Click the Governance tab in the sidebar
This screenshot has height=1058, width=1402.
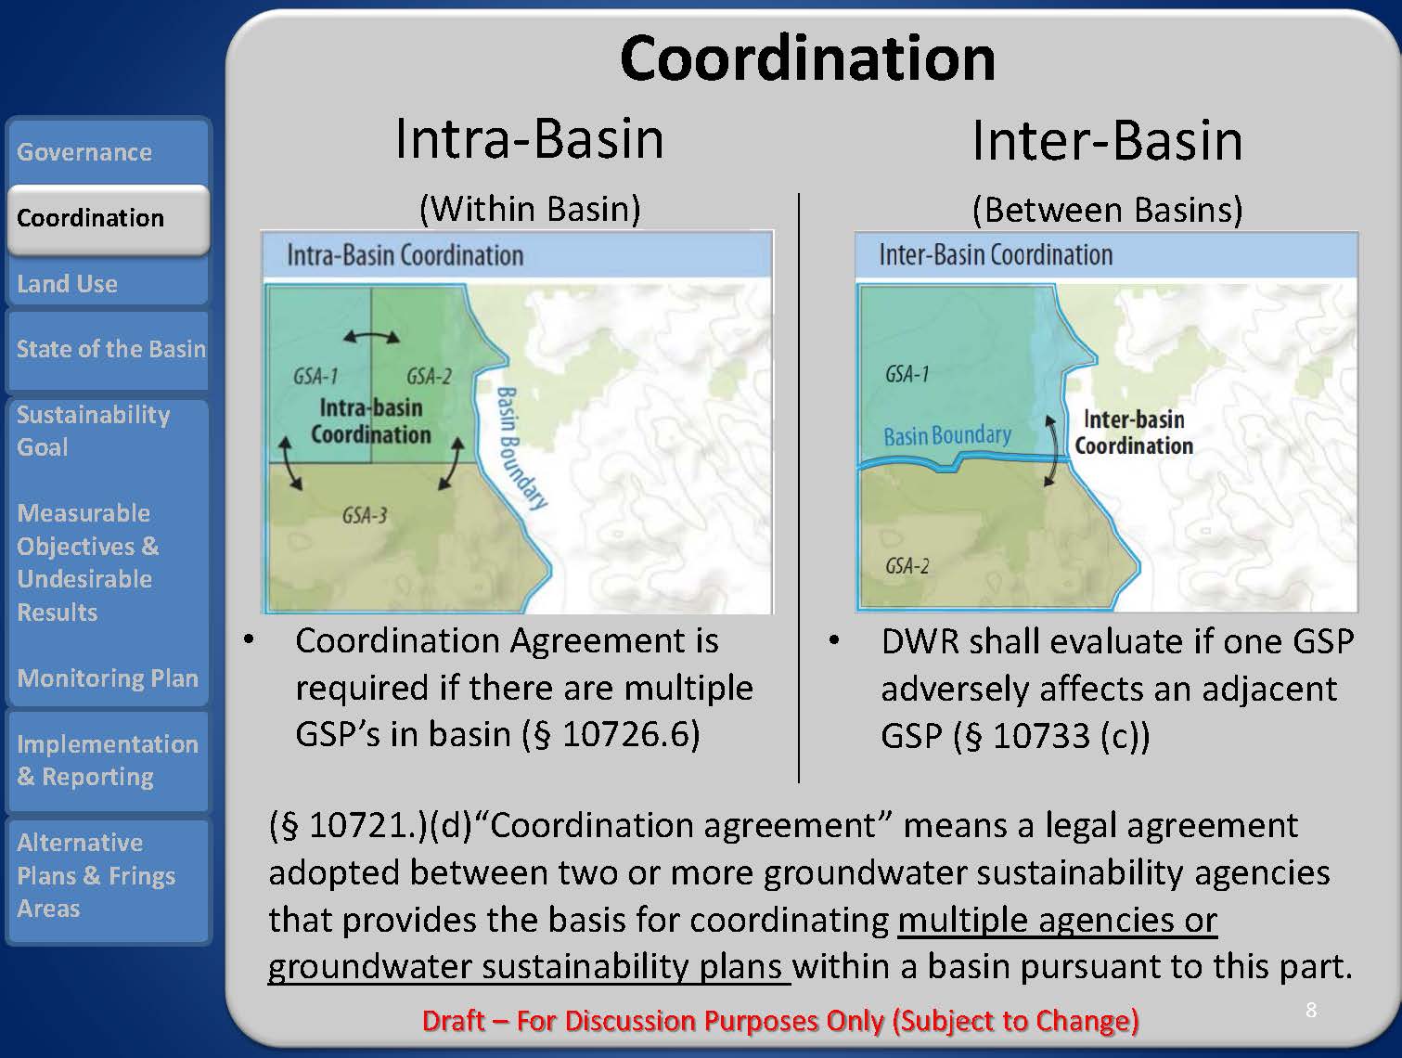coord(108,151)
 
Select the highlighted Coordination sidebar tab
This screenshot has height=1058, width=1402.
coord(109,218)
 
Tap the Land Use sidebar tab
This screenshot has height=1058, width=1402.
coord(108,283)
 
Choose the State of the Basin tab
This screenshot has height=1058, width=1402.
coord(108,350)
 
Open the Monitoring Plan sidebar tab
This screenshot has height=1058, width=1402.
coord(108,677)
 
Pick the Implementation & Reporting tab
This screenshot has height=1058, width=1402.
coord(108,760)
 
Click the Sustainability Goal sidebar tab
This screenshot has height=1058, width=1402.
coord(108,431)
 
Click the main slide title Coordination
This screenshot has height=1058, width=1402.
coord(807,58)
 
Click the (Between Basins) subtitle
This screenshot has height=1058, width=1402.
coord(1108,210)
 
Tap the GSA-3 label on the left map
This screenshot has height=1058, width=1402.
coord(365,516)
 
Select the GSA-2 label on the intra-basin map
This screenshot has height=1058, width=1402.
coord(430,376)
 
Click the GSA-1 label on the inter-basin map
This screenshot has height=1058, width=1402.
coord(907,374)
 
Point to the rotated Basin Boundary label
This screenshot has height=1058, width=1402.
coord(520,448)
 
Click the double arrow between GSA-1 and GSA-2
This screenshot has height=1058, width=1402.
coord(371,337)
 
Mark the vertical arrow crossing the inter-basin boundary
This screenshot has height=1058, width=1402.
coord(1050,450)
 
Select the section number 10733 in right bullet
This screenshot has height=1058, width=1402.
coord(1041,736)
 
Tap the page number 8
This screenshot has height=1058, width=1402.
coord(1311,1010)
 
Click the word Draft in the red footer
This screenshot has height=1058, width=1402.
coord(454,1021)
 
